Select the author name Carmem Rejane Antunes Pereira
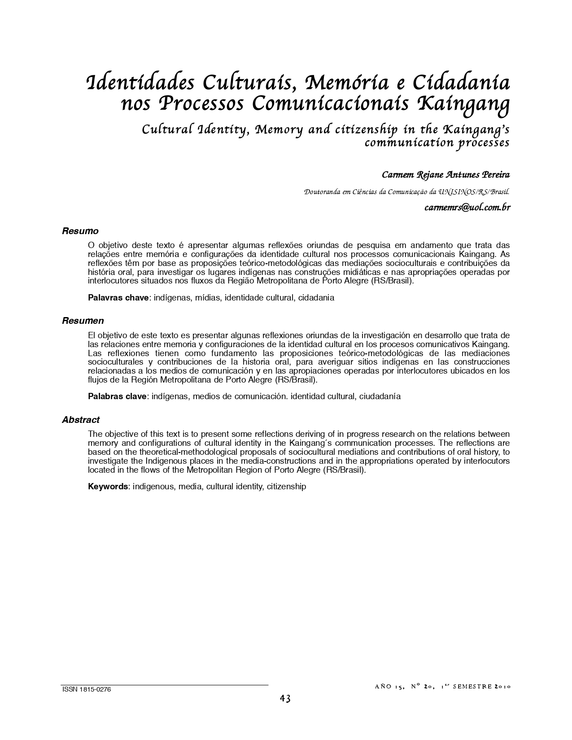pyautogui.click(x=445, y=174)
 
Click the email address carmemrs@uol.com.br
pyautogui.click(x=467, y=208)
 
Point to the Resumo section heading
pyautogui.click(x=80, y=231)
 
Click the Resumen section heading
pyautogui.click(x=83, y=321)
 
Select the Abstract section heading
pyautogui.click(x=81, y=420)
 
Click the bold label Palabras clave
pyautogui.click(x=117, y=396)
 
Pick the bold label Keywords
pyautogui.click(x=108, y=486)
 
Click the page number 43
pyautogui.click(x=285, y=699)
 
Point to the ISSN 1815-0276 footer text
pyautogui.click(x=86, y=690)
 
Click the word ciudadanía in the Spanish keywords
pyautogui.click(x=380, y=396)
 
